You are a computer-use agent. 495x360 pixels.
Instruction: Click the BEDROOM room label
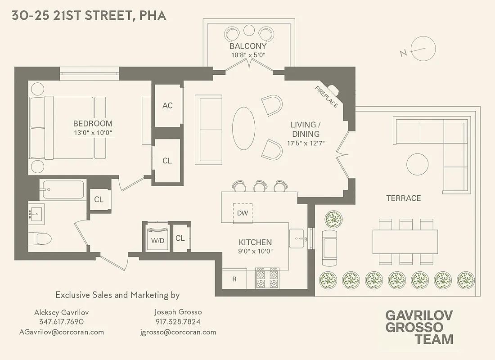tap(93, 124)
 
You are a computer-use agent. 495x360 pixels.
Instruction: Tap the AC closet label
tap(167, 106)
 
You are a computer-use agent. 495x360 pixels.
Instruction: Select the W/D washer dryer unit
tap(157, 239)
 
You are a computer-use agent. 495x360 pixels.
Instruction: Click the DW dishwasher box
tap(243, 213)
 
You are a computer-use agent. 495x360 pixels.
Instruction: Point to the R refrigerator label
tap(234, 279)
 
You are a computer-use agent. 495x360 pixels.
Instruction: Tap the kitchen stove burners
tap(267, 278)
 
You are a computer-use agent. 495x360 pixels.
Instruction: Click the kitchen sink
tap(297, 237)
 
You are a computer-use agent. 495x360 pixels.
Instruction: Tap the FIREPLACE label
tap(326, 97)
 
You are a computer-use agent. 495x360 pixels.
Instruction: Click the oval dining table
tap(244, 128)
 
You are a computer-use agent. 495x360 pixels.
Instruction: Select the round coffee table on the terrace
tap(418, 165)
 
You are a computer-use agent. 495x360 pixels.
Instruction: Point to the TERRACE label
tap(404, 198)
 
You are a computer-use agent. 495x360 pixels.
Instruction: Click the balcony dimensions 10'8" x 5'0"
tap(248, 55)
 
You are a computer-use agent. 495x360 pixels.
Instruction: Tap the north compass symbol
tap(418, 49)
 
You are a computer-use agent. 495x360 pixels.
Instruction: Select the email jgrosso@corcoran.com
tap(178, 332)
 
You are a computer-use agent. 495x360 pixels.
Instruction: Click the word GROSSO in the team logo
tap(414, 327)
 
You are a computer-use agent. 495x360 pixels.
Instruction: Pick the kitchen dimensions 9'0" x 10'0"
tap(255, 251)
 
